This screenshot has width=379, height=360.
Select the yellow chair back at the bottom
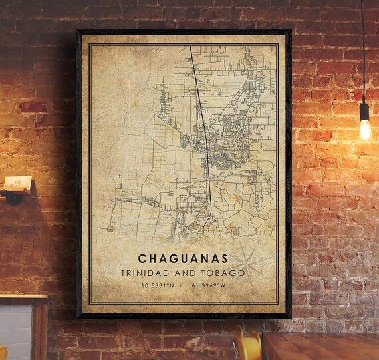click(x=247, y=345)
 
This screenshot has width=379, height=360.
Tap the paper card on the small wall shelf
click(x=17, y=183)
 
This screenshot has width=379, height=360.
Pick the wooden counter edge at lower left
click(x=23, y=300)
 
